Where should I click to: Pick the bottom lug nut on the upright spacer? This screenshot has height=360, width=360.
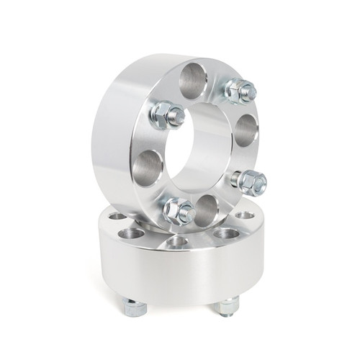tap(178, 210)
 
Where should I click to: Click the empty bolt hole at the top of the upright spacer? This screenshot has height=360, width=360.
tap(193, 81)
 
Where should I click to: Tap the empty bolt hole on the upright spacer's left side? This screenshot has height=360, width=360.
tap(147, 168)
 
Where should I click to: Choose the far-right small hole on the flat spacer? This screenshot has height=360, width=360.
tap(245, 215)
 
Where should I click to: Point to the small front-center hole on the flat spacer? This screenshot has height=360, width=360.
tap(177, 241)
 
